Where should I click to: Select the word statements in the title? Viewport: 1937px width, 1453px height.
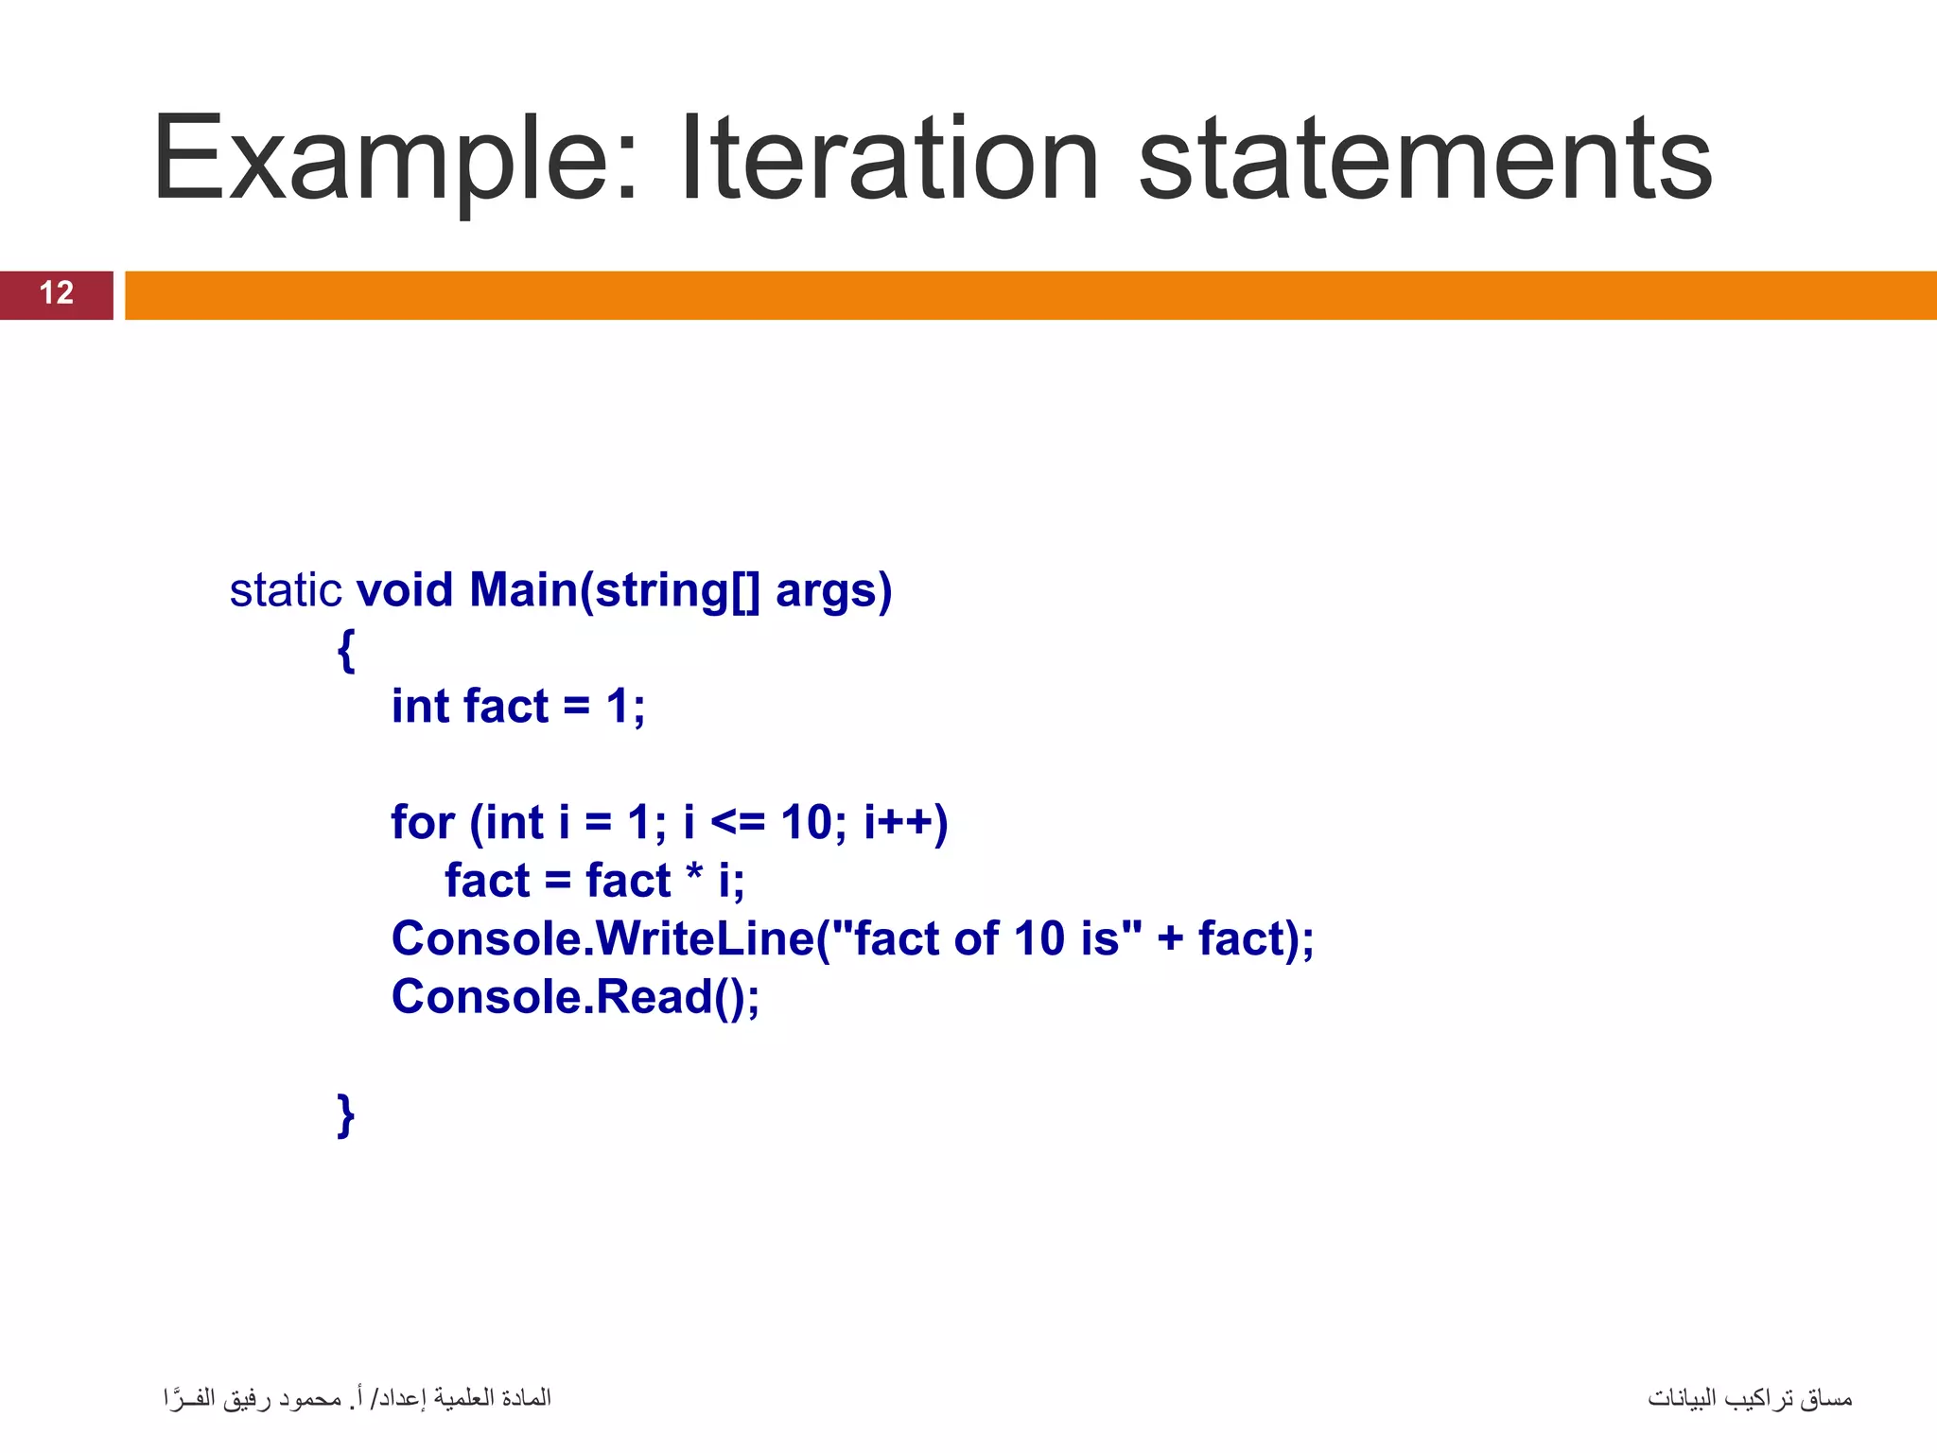(1425, 159)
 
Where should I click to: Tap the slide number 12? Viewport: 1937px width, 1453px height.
(57, 293)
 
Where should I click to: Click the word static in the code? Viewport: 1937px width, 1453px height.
(285, 590)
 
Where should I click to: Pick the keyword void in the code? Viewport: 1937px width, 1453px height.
(405, 590)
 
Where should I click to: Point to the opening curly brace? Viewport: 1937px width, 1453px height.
(346, 650)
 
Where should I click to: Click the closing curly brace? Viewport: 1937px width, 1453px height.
(346, 1115)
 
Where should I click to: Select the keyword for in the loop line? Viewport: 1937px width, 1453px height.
(423, 822)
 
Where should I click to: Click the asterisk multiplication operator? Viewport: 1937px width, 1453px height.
(694, 877)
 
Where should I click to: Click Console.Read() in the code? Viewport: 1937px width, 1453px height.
(575, 997)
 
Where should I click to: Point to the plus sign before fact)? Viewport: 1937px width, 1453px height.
(1170, 938)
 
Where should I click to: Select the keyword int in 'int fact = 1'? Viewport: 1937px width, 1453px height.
(420, 707)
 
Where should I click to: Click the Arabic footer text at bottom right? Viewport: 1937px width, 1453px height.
(1749, 1398)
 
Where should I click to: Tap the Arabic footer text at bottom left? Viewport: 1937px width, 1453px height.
(357, 1398)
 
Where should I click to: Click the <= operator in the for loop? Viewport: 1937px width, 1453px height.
(737, 822)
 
